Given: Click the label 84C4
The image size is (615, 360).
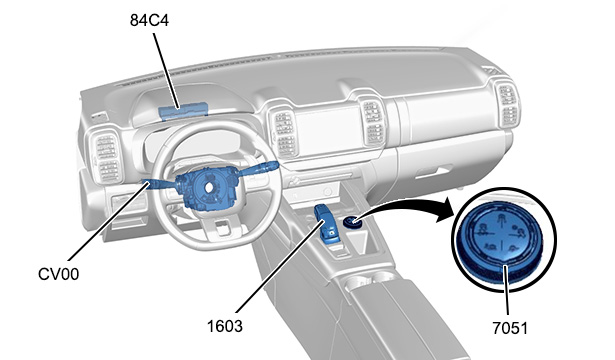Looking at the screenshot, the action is (x=149, y=20).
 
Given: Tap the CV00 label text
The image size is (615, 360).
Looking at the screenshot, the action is (x=58, y=274).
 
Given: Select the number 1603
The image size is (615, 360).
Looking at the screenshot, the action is (x=225, y=326).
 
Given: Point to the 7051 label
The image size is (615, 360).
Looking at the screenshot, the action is (x=510, y=328).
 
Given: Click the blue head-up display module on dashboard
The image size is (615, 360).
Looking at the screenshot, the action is (x=183, y=111).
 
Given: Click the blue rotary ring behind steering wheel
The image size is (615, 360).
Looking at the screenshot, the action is (x=207, y=187).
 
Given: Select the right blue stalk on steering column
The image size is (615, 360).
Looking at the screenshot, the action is (x=258, y=169).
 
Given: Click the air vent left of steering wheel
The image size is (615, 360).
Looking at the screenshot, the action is (x=107, y=158).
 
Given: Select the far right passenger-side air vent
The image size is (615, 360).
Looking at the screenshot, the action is (x=508, y=105).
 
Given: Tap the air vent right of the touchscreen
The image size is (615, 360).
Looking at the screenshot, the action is (x=373, y=123).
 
